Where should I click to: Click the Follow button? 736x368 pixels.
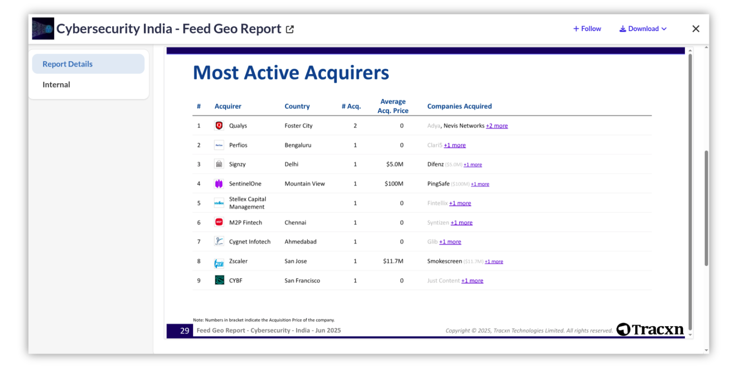click(587, 29)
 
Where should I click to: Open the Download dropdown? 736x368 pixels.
click(643, 29)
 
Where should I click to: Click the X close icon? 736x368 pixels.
click(696, 29)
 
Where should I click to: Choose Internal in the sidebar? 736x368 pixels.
click(56, 85)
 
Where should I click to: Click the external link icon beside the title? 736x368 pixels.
click(290, 29)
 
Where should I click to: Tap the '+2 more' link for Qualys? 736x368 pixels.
click(497, 126)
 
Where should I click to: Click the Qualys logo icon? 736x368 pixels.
click(219, 125)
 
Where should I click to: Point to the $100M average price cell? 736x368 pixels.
click(394, 184)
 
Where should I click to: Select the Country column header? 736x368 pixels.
click(297, 106)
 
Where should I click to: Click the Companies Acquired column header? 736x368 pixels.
click(459, 106)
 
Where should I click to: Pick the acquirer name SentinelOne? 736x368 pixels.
click(245, 184)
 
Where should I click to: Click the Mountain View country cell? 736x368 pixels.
click(304, 184)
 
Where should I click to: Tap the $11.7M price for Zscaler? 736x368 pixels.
click(393, 261)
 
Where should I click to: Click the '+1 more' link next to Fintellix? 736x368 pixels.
click(460, 203)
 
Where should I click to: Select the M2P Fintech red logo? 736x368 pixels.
click(219, 222)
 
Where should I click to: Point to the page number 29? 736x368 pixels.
click(184, 330)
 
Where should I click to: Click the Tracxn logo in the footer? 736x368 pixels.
click(650, 329)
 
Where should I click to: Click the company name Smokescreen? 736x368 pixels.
click(444, 261)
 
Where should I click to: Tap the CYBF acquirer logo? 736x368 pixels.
click(219, 280)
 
